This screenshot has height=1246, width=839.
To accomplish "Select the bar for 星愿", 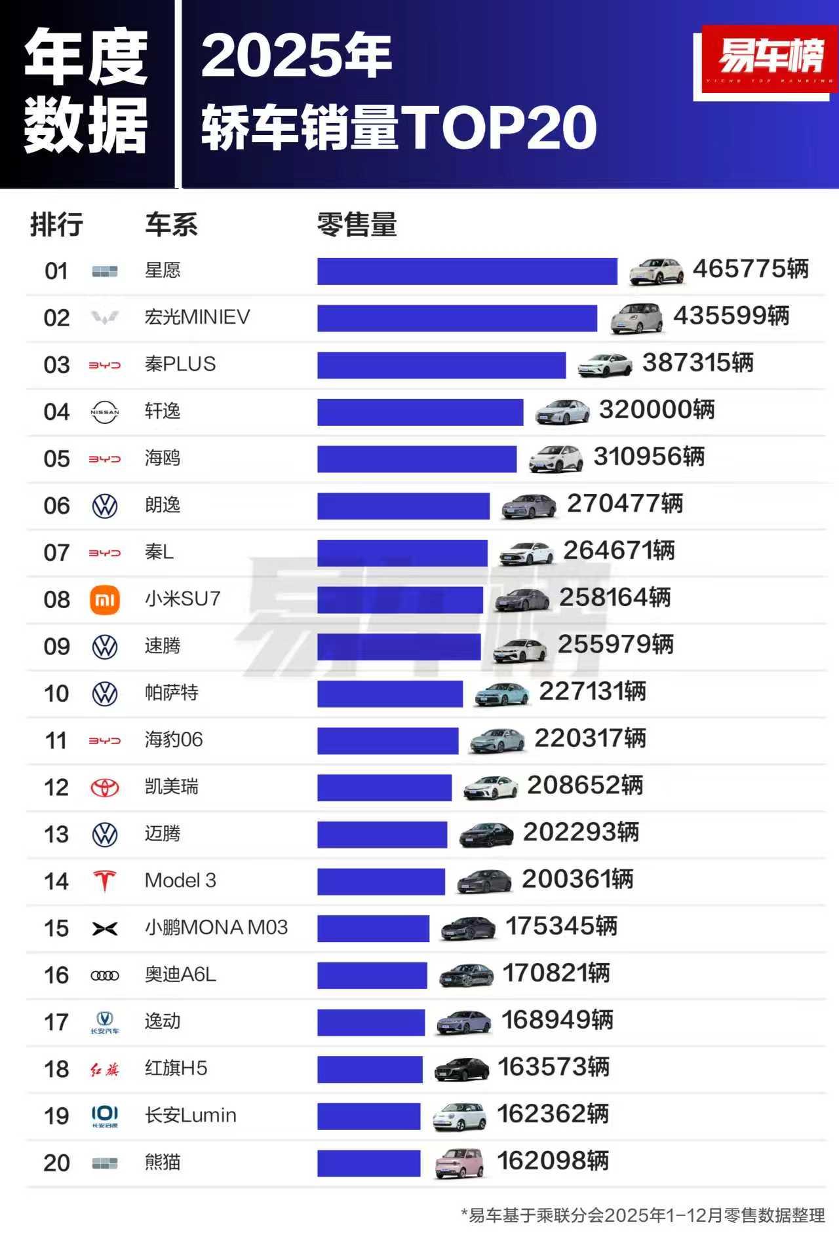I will (x=467, y=271).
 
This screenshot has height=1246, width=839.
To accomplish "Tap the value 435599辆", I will (x=731, y=316).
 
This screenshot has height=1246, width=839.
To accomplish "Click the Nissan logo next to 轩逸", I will (x=104, y=412).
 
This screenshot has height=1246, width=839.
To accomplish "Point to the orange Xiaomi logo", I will (x=104, y=599).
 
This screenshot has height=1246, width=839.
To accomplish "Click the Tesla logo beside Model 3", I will (x=104, y=881).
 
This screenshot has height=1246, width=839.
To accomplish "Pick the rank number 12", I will (x=56, y=787).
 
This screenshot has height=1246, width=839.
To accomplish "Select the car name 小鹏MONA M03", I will (x=216, y=928).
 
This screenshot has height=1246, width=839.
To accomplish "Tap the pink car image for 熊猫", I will (x=460, y=1163).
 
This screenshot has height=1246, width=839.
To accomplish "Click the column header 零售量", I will (x=357, y=225).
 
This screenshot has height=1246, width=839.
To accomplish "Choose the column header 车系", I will (x=171, y=225).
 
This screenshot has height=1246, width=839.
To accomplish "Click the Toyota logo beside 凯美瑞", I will (x=104, y=787).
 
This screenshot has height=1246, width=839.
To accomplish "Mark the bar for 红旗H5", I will (x=370, y=1069).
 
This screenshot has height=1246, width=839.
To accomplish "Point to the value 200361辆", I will (x=577, y=879).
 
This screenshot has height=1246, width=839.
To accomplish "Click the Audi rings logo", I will (x=104, y=975).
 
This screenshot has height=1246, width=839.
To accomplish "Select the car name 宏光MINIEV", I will (x=197, y=317).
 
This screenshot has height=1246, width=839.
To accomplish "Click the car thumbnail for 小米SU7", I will (x=522, y=599).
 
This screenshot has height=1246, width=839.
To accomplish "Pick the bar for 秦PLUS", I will (x=441, y=365).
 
